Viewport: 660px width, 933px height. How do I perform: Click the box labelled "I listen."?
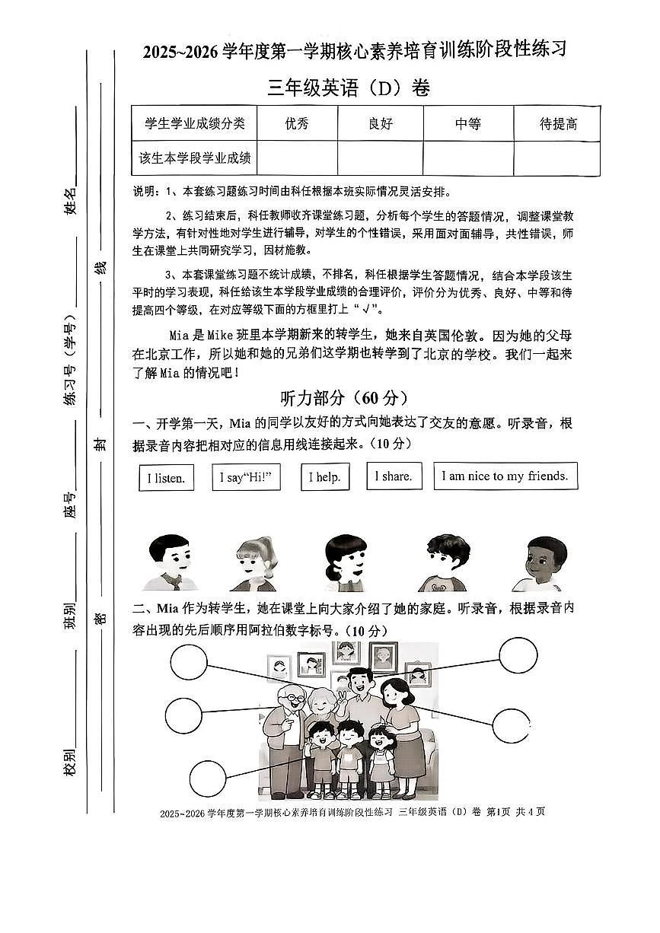166,478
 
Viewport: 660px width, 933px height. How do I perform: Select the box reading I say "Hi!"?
244,477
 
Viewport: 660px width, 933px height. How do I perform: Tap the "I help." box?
324,477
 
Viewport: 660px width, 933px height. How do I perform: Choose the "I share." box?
394,476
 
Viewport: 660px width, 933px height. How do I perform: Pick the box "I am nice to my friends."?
505,476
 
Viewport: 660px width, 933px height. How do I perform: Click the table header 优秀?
297,124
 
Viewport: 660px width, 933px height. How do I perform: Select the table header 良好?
380,124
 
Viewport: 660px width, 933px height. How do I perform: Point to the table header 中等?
468,124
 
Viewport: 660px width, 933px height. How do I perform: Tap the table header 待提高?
558,124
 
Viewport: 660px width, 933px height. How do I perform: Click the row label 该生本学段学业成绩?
195,159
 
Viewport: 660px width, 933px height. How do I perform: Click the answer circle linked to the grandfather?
183,715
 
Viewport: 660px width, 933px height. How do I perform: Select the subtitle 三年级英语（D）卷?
349,88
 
